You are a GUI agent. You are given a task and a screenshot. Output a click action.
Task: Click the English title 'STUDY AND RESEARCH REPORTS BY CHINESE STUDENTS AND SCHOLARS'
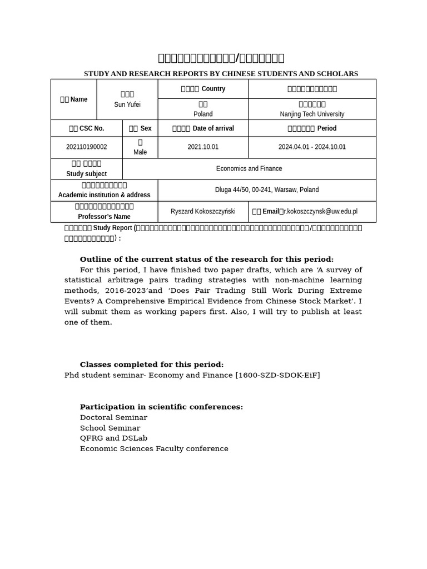221,74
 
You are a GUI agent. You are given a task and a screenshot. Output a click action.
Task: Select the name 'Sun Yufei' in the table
127,104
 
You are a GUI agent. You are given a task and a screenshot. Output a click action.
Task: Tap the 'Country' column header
213,89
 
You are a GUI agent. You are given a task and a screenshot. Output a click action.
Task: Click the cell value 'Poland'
203,114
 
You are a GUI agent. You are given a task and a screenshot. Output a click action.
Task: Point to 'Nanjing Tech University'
312,114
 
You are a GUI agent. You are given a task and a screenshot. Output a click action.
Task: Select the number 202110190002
86,147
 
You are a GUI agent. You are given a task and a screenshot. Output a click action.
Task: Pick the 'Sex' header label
146,128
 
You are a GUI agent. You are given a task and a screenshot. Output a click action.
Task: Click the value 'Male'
140,152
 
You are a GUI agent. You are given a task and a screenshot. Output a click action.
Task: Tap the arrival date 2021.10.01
203,147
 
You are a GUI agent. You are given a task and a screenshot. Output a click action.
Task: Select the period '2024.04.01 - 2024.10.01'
312,147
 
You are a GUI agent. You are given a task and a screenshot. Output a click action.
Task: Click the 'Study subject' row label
86,174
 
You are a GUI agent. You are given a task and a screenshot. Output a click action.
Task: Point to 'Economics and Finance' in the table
249,168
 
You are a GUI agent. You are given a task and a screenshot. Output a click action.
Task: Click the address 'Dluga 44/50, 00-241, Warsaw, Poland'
267,190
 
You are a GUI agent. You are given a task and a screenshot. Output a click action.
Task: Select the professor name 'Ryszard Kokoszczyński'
203,212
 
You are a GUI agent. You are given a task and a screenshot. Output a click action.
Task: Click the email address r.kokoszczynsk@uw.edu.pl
320,212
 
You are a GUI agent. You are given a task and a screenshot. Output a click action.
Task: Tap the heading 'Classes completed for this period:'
152,365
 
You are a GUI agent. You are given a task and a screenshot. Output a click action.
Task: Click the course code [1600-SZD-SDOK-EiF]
277,376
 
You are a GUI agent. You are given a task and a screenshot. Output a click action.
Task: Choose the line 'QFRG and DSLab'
113,438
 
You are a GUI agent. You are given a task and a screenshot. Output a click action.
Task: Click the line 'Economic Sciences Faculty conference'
154,449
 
